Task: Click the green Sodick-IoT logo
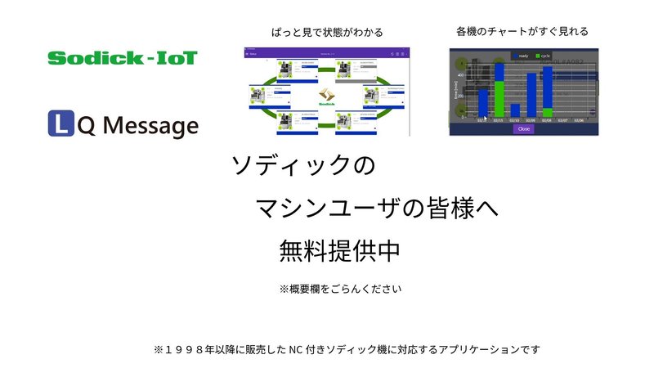pos(122,58)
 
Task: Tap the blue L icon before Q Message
pos(59,125)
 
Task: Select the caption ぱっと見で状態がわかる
pos(327,32)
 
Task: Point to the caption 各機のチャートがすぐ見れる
pos(522,31)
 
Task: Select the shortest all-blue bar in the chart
pos(515,110)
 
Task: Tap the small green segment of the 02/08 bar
pos(547,112)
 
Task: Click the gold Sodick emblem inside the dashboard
pos(326,95)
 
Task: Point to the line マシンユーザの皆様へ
pos(377,209)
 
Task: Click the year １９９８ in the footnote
pos(186,349)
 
